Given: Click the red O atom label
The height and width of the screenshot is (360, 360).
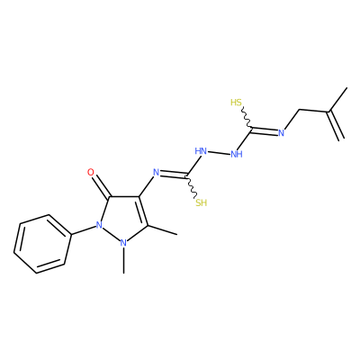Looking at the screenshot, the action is (x=91, y=172).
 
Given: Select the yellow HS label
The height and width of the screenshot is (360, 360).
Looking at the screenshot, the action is (x=236, y=103).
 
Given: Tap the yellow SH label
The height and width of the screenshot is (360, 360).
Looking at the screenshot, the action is (x=202, y=202).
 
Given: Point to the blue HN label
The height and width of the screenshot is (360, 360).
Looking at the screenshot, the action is (x=201, y=151).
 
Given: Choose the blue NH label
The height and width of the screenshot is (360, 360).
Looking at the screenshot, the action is (x=237, y=155).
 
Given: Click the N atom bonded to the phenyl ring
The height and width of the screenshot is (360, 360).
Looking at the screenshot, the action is (x=99, y=225).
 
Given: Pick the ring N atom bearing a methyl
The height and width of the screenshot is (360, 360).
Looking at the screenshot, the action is (x=123, y=242).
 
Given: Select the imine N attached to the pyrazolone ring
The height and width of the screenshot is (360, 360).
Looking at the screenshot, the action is (x=156, y=172).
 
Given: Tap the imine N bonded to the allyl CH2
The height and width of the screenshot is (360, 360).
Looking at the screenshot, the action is (x=282, y=133).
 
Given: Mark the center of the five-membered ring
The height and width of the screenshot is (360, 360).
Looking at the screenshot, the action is (x=123, y=218).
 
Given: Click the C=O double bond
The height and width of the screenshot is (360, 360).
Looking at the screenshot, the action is (x=102, y=186).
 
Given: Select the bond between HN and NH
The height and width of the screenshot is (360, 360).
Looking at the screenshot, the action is (x=219, y=153).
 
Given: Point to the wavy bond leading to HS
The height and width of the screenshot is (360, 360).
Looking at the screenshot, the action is (x=247, y=118).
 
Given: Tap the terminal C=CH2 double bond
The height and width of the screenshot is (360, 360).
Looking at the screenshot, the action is (x=336, y=125).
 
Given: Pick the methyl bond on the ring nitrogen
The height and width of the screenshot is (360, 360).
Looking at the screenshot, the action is (x=123, y=260).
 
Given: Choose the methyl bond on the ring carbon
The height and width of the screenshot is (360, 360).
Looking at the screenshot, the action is (x=162, y=229).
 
